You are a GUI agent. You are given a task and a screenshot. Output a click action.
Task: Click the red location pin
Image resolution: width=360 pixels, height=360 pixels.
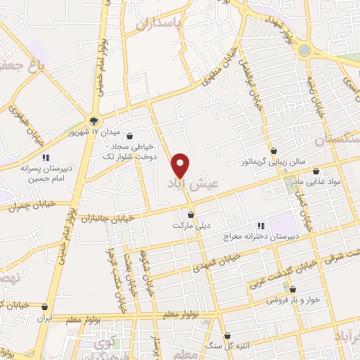pos(181,165)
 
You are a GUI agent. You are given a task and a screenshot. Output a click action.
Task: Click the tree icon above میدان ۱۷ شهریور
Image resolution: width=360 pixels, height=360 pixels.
pos(96,120)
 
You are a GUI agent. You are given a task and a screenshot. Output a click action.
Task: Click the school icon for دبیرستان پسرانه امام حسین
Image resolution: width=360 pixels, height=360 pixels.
pos(46,157)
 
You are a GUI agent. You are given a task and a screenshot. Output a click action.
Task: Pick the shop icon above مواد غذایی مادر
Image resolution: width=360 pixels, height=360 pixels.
pos(316,171)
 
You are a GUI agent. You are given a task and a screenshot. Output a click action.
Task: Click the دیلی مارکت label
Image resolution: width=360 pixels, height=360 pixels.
pos(191,226)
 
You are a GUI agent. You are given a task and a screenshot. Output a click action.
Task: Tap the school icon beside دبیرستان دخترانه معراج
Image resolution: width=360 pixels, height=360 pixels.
pos(260,226)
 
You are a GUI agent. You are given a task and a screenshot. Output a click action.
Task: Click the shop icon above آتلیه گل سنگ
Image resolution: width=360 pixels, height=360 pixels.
pos(228,336)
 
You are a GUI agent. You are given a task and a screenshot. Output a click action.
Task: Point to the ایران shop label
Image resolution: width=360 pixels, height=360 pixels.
pos(46,318)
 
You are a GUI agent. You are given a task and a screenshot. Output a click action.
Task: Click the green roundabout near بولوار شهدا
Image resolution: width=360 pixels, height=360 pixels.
pos(304,50)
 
